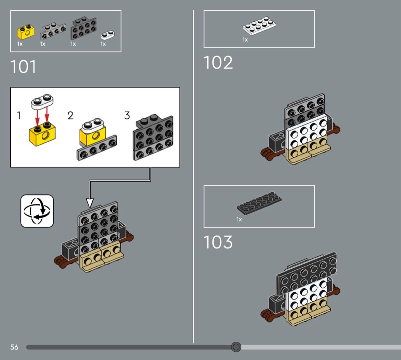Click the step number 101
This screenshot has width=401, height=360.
coord(23,67)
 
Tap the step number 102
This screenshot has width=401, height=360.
coord(218,63)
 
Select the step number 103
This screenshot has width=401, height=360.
coord(218,242)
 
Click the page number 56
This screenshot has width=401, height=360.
coord(14,347)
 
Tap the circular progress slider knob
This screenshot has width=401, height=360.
coord(236,347)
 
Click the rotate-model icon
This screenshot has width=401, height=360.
coord(37,211)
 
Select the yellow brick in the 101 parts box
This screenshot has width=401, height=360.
coord(26,32)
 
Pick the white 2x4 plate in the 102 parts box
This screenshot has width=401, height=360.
coord(259,26)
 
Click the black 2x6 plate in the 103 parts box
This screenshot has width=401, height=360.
coord(259,203)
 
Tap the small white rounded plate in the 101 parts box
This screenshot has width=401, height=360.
coord(107,35)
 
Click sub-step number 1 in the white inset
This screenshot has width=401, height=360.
coord(19,115)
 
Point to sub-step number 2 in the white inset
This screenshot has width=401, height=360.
coord(71,115)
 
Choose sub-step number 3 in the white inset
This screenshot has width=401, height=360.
coord(127,115)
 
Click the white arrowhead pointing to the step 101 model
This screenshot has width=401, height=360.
coord(90,203)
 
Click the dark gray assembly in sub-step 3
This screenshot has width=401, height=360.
coord(153,138)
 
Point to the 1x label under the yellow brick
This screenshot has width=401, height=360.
coord(20,44)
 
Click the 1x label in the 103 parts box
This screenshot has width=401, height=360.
coord(239,219)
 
